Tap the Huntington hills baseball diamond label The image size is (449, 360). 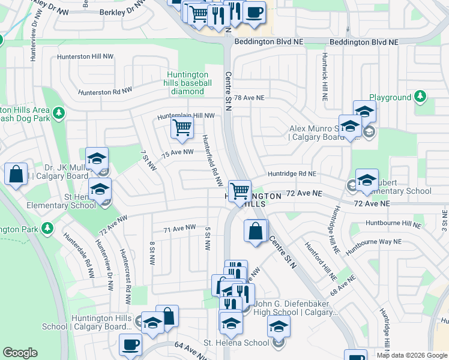pos(189,83)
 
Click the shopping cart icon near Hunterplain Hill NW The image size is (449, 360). pos(181,127)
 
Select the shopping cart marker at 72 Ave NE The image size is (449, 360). pos(240,191)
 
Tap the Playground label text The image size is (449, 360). pos(390,97)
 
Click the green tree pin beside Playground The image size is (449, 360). pos(421,96)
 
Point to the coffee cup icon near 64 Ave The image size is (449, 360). pos(130,345)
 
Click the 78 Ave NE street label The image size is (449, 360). pos(249,97)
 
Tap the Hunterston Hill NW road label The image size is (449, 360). pos(85,56)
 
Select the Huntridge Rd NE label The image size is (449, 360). pos(292,173)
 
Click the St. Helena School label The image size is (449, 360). pos(236,343)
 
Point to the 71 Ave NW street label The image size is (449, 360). pos(180,227)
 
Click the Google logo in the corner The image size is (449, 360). pos(20,353)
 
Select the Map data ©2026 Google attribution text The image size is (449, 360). pos(412,355)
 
